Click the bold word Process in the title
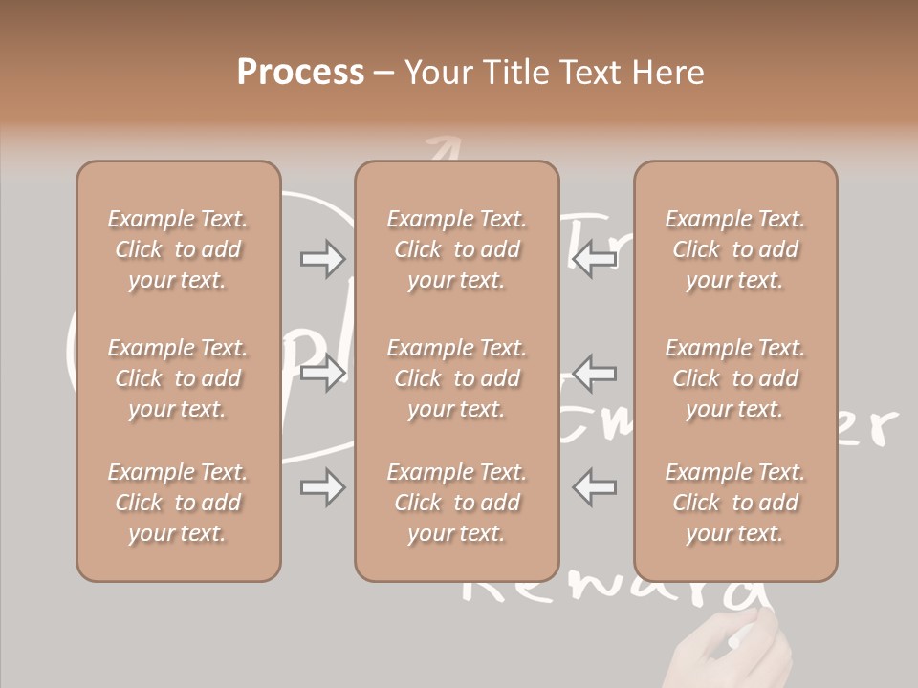point(300,73)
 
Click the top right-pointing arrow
point(322,259)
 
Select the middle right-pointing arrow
point(322,373)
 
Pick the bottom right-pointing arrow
point(322,487)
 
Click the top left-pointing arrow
point(594,259)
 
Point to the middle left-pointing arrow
point(594,373)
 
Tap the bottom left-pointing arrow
point(594,487)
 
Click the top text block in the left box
point(178,249)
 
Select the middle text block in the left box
point(178,378)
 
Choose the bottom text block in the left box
point(178,503)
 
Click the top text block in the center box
point(456,249)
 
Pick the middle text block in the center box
point(456,378)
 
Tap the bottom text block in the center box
point(456,503)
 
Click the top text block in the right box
point(735,249)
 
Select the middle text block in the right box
point(735,378)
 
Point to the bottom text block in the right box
point(735,503)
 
